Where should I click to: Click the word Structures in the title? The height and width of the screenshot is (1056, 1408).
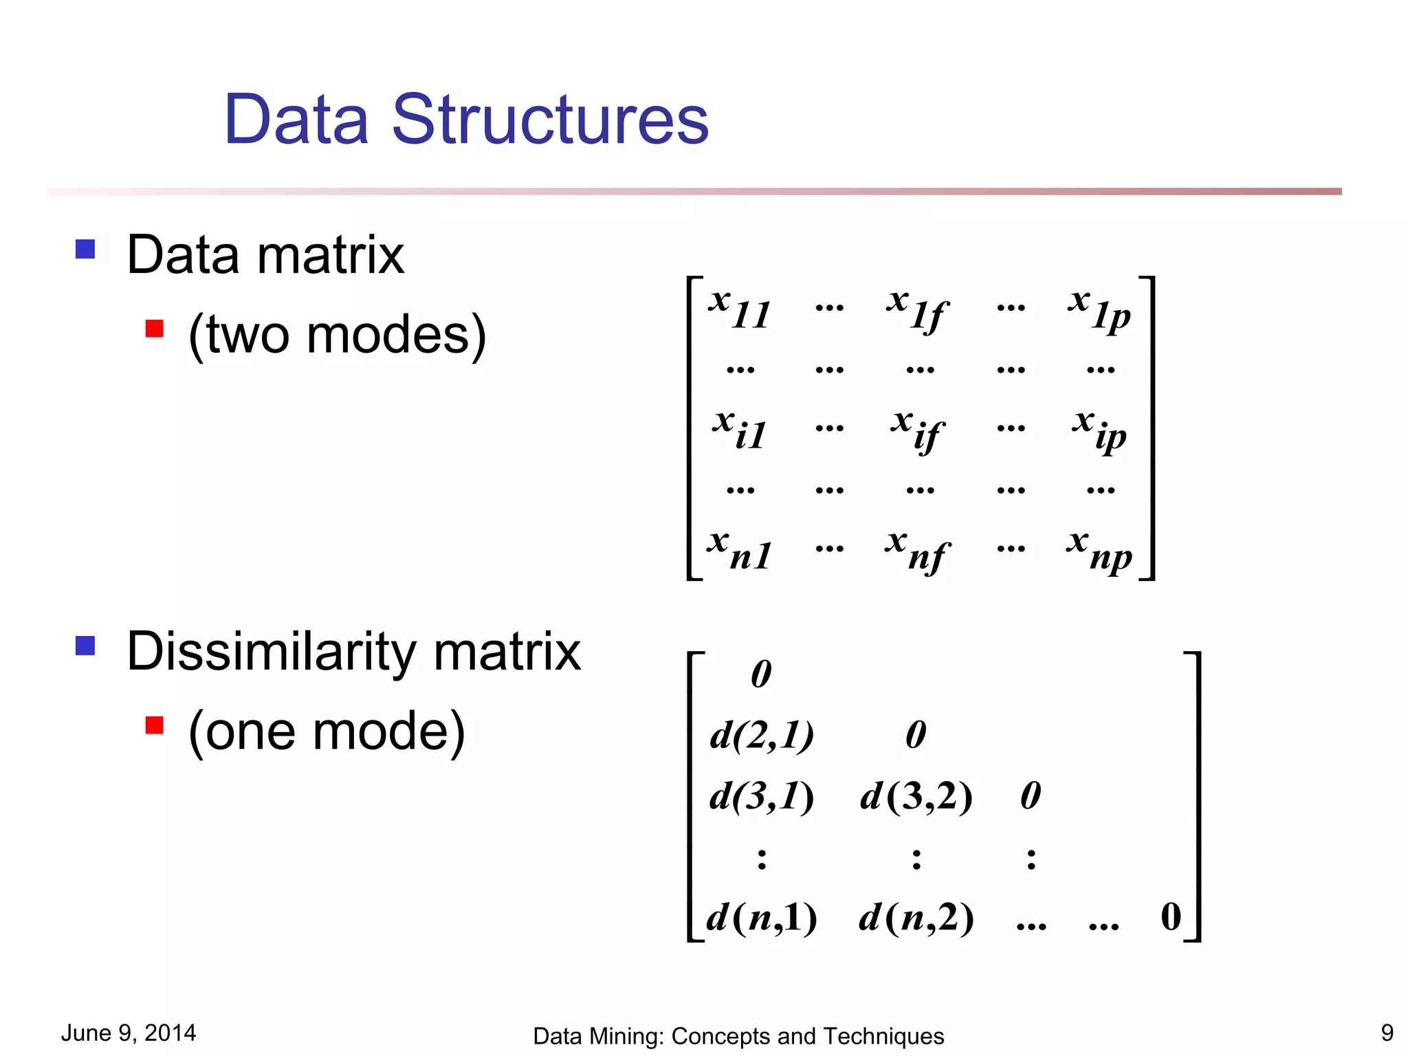tap(550, 120)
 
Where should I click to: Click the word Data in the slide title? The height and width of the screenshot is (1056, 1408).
tap(296, 120)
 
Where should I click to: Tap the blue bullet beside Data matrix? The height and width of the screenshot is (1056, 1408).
tap(85, 249)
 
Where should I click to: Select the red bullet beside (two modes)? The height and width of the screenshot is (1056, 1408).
tap(155, 329)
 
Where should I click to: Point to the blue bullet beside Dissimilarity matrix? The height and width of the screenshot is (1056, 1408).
tap(85, 646)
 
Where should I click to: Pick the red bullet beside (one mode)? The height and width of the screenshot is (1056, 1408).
tap(155, 725)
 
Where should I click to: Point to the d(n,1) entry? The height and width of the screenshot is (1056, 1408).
tap(762, 917)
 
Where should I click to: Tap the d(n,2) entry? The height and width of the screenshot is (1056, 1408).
tap(916, 917)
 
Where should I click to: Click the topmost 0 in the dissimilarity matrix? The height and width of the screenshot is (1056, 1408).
tap(761, 674)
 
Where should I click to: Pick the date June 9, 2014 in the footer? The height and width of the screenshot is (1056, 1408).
tap(129, 1033)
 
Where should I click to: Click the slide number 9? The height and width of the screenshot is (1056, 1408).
tap(1387, 1033)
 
